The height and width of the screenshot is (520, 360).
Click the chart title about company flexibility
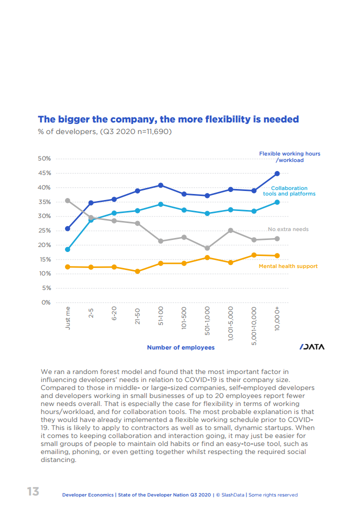click(x=168, y=119)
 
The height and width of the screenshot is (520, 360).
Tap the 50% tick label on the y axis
click(x=44, y=158)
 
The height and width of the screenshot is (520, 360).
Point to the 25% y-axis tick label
click(x=44, y=230)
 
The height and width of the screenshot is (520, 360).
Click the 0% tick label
click(x=46, y=302)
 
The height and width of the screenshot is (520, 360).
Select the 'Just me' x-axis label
click(x=68, y=317)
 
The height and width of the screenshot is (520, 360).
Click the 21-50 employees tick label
click(x=137, y=316)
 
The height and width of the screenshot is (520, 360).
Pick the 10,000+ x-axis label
click(x=277, y=318)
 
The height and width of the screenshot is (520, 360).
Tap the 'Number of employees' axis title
click(x=180, y=347)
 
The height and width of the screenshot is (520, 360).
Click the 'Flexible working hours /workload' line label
click(x=289, y=157)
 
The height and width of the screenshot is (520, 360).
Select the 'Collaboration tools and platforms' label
click(x=289, y=191)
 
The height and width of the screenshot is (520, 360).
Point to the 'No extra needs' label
click(x=288, y=229)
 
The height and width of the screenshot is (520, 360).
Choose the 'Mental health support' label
click(x=288, y=266)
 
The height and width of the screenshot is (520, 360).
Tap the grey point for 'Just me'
click(x=68, y=200)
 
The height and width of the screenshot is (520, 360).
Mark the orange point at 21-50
click(x=137, y=271)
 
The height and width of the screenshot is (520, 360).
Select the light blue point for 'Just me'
click(x=68, y=249)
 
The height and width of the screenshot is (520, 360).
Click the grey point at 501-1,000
click(x=207, y=248)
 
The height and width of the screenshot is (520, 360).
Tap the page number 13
click(x=33, y=491)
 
